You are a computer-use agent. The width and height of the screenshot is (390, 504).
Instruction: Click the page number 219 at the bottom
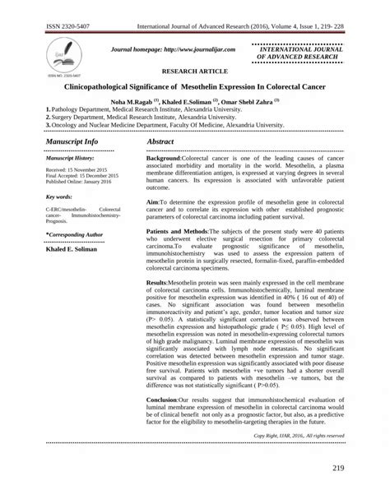click(357, 468)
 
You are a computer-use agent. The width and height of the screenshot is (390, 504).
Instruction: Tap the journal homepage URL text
click(167, 50)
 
